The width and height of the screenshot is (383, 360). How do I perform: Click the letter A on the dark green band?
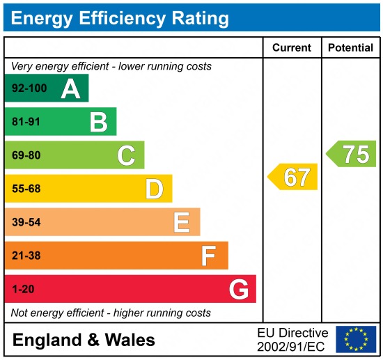point(70,88)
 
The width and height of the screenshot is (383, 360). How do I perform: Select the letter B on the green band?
point(98,123)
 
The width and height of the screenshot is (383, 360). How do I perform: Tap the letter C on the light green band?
point(126,155)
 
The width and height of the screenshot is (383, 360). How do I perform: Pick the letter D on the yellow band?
point(154,189)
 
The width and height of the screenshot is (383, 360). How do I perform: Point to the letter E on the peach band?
point(181,222)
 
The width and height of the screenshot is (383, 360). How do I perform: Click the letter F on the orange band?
point(208,256)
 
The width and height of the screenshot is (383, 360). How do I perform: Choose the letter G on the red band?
point(238,289)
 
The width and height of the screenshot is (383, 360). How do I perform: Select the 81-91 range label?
point(26,123)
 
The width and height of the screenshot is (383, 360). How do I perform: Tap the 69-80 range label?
point(26,155)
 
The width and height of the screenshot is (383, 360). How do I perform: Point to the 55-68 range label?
point(26,189)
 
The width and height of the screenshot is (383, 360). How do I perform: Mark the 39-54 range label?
point(26,222)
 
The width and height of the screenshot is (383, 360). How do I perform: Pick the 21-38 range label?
point(26,256)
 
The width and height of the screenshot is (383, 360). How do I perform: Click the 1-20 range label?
point(22,289)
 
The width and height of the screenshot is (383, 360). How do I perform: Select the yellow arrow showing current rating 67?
point(293,177)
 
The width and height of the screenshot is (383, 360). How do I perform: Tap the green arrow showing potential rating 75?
point(352,154)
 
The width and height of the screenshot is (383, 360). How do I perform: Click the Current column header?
point(291,48)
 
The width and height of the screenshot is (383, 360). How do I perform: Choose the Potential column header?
point(350,48)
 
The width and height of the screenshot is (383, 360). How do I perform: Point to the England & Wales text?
point(84,340)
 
